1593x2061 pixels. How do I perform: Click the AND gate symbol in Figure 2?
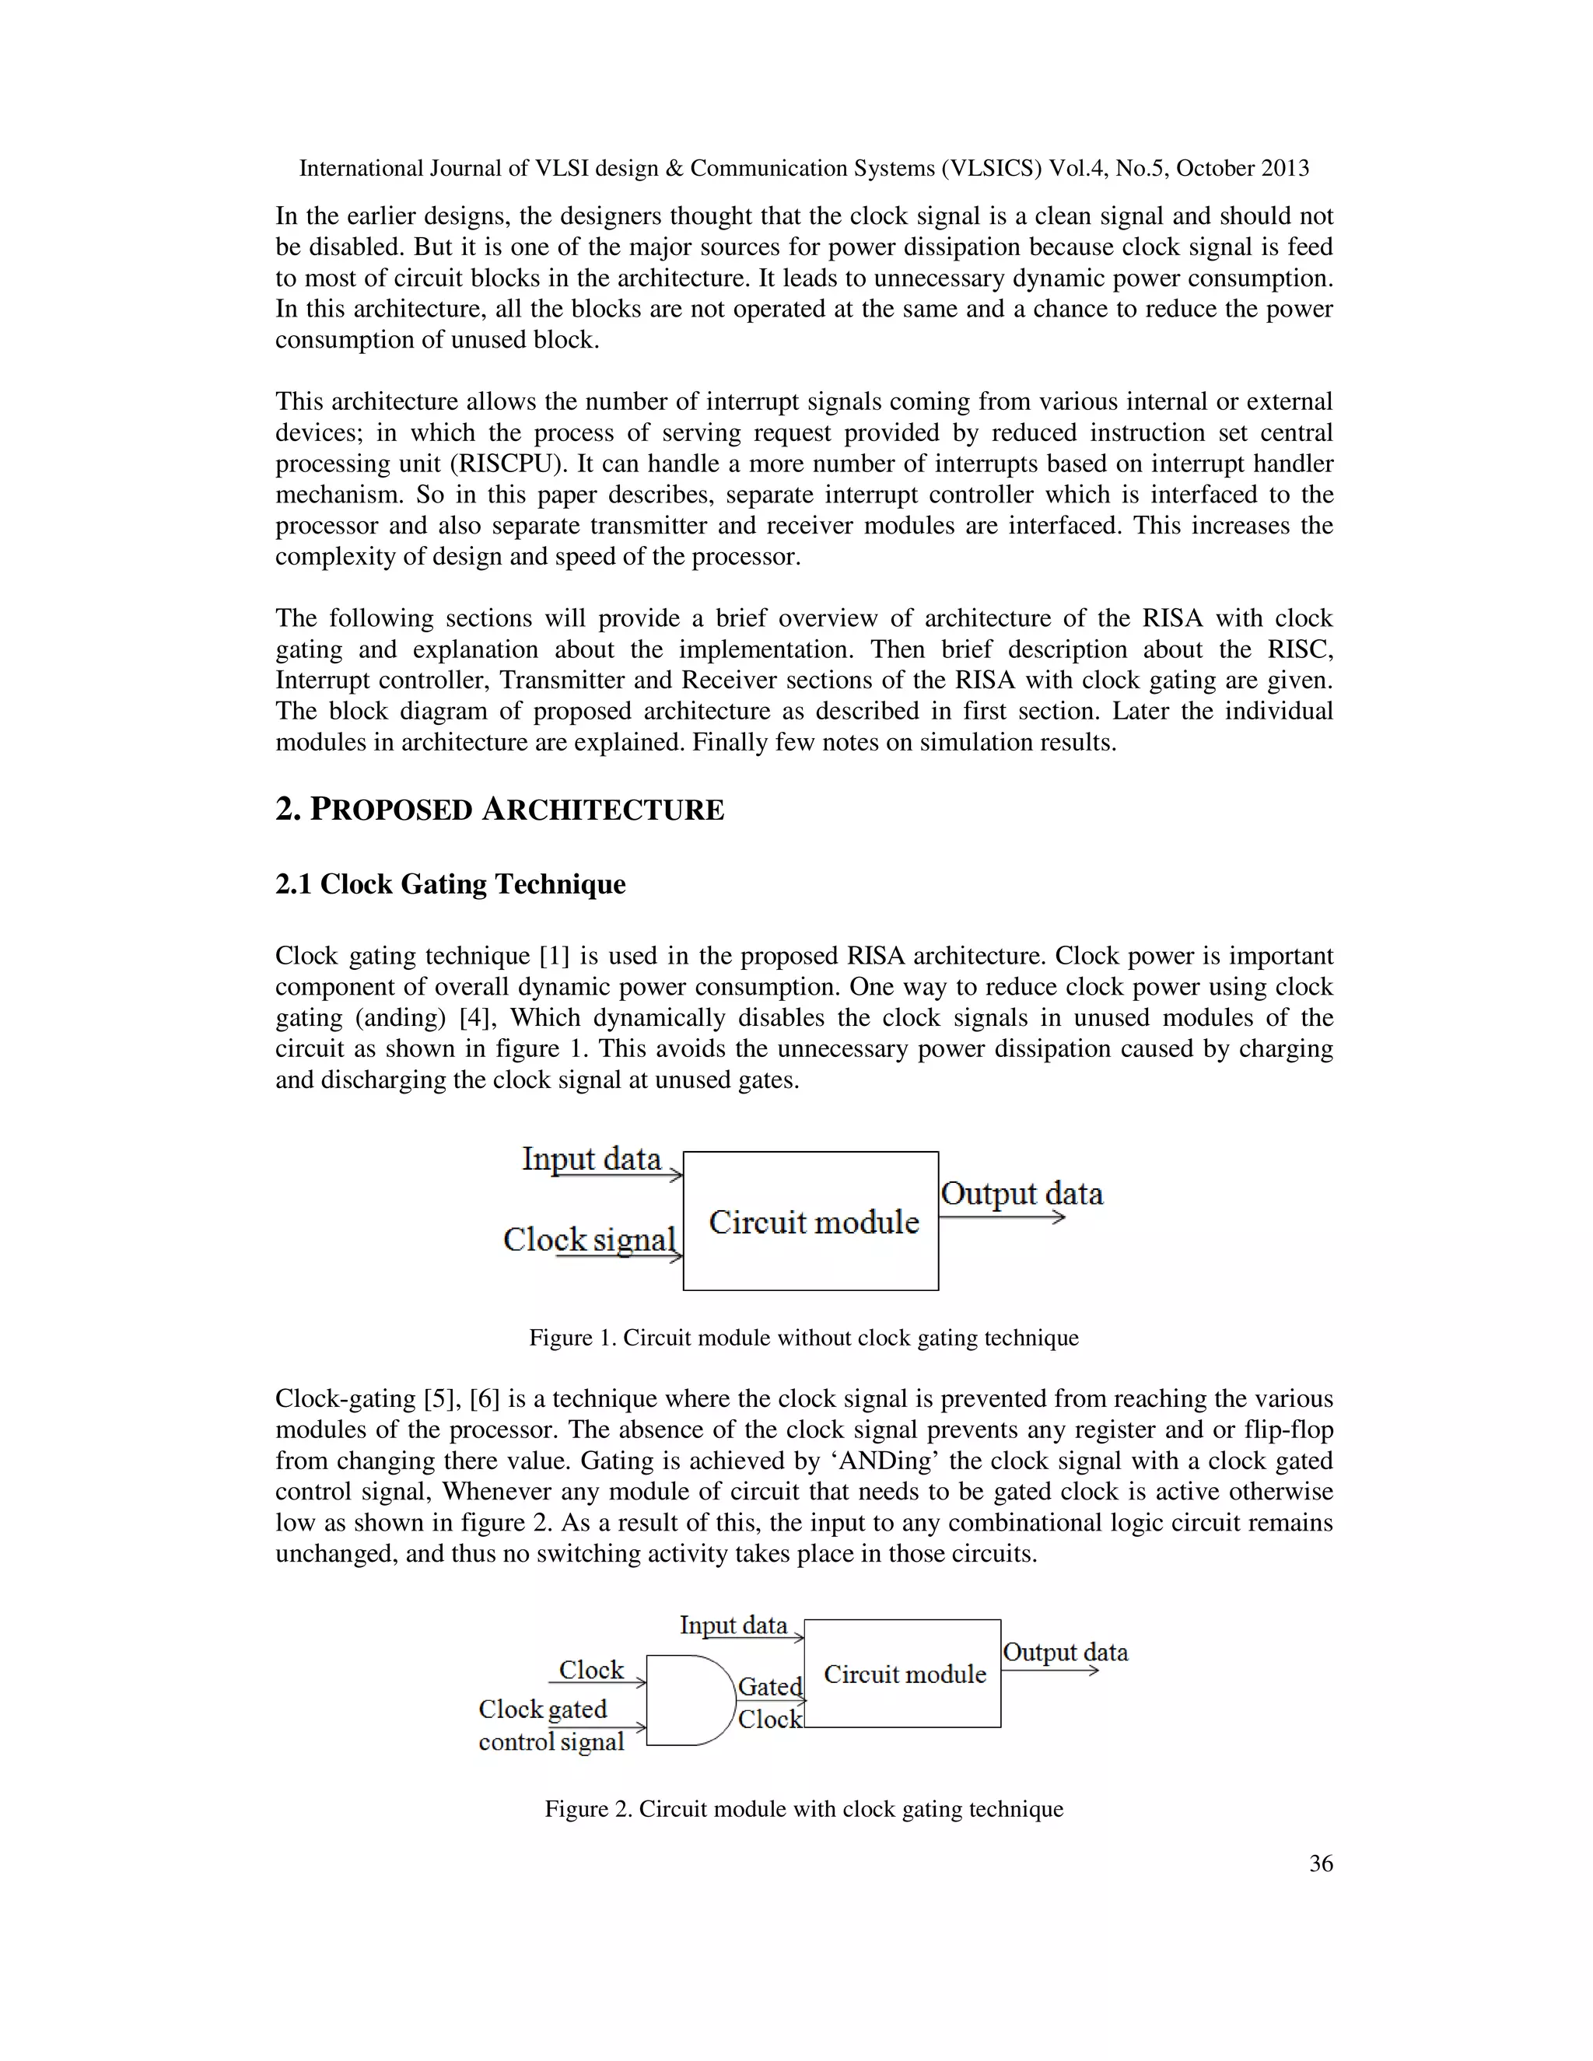tap(689, 1699)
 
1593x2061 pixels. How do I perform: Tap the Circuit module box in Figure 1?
tap(811, 1221)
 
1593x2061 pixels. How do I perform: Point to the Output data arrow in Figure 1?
tap(1002, 1217)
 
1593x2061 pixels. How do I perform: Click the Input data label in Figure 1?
tap(592, 1159)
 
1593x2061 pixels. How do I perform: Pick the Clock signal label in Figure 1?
tap(590, 1239)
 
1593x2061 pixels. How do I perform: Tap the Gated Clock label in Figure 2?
tap(770, 1702)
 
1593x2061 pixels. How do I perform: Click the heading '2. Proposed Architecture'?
tap(499, 810)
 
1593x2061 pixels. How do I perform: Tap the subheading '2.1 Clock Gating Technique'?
tap(450, 884)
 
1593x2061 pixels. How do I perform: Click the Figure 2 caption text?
tap(803, 1809)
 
